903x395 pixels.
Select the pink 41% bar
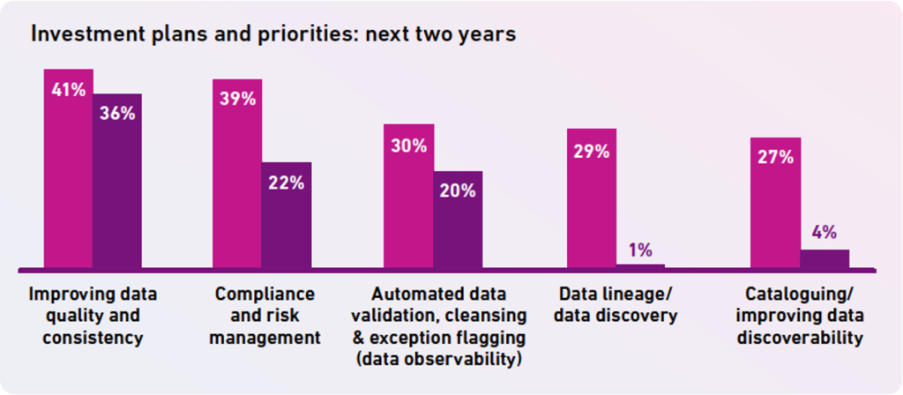pos(69,176)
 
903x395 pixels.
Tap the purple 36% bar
pos(117,185)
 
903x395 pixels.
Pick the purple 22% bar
pos(287,216)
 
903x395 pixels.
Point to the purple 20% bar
pos(458,220)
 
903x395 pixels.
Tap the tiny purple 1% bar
pos(640,265)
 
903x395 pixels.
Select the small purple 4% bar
pos(825,258)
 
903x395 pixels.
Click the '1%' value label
pos(640,250)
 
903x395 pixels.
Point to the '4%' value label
pos(825,234)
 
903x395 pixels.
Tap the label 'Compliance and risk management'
pos(265,316)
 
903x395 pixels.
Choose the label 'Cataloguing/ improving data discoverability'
pos(800,316)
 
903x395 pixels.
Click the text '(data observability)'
pos(446,360)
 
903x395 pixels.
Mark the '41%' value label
pos(68,89)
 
